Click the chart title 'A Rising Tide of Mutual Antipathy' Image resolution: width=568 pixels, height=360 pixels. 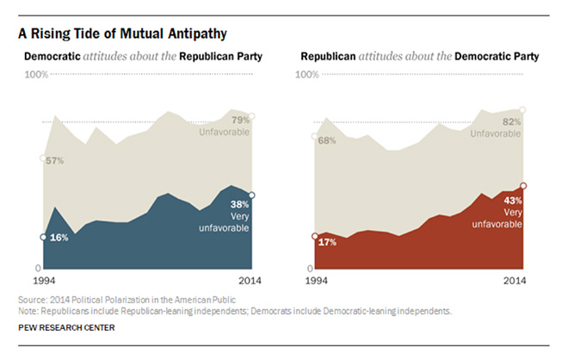coord(120,34)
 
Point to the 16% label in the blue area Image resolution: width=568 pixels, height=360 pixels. coord(59,237)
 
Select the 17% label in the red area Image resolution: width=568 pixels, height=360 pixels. coord(326,242)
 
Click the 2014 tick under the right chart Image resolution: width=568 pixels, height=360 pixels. coord(513,282)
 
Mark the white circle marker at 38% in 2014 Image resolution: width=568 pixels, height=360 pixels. coord(251,195)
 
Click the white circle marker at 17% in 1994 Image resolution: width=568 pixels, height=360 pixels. coord(315,236)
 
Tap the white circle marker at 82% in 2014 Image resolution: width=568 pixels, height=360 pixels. coord(523,109)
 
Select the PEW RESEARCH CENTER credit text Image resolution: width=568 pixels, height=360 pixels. coord(65,327)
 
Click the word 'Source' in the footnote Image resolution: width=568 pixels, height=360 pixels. coord(32,299)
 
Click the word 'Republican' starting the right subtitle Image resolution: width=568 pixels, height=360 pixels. coord(328,57)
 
